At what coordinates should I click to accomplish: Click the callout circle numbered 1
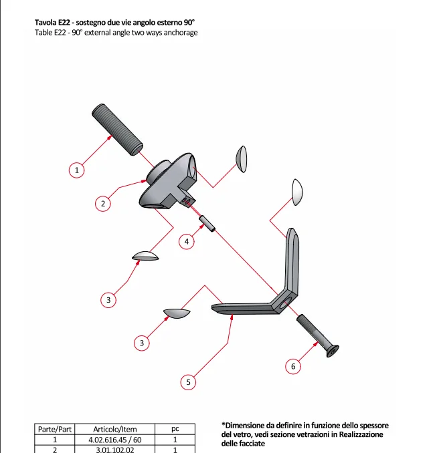pos(77,170)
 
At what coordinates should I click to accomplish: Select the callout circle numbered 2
pos(102,204)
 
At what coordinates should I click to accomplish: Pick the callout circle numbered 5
pos(189,382)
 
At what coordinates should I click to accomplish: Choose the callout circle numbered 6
pos(292,365)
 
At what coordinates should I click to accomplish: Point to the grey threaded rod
pos(118,128)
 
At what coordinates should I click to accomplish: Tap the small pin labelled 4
pos(206,224)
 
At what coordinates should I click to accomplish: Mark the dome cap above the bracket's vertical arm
pos(297,191)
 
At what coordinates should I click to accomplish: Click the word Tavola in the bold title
pos(46,22)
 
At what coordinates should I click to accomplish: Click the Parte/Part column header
pos(55,429)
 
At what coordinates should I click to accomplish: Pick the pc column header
pos(175,429)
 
